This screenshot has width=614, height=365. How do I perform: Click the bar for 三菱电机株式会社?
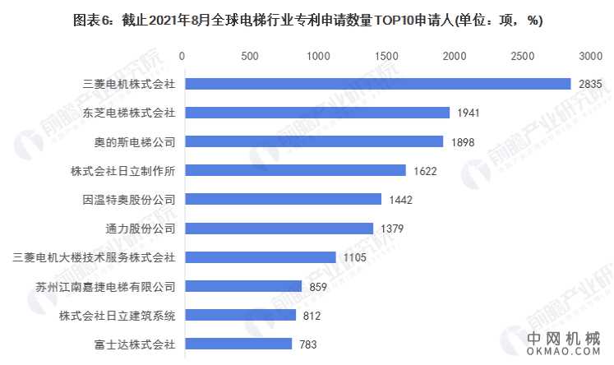click(x=376, y=83)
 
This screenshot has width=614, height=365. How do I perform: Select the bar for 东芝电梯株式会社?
click(x=316, y=112)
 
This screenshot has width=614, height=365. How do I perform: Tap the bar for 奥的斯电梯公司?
click(x=312, y=141)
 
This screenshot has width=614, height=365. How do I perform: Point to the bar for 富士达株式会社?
click(x=237, y=344)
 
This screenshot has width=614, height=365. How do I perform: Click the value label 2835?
click(x=591, y=83)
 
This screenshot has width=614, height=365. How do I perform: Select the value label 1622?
click(x=425, y=170)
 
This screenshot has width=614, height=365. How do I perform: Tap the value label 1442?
click(x=400, y=199)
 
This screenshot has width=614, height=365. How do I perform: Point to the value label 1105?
click(x=355, y=257)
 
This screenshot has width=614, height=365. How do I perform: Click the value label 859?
click(x=318, y=286)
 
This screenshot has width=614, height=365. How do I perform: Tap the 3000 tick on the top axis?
click(x=590, y=55)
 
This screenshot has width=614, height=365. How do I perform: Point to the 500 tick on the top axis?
click(x=250, y=55)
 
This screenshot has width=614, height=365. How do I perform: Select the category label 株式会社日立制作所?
click(x=123, y=170)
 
